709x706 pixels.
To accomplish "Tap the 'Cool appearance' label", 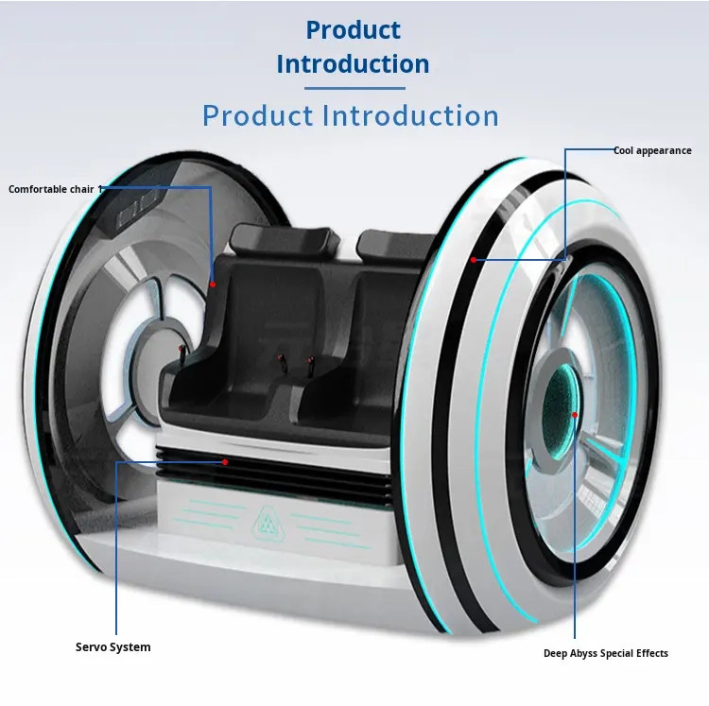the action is click(652, 151).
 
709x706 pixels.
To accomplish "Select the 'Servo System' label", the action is click(113, 647).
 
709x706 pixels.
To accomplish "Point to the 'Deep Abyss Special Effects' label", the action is click(605, 654).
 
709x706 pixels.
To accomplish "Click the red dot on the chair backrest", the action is click(213, 284).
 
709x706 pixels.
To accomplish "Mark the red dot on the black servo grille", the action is click(225, 462).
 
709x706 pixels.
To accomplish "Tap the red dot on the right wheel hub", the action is click(574, 415).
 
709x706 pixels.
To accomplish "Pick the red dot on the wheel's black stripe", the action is click(473, 260).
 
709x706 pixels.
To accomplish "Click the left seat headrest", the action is click(285, 239).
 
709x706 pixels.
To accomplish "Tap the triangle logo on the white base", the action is click(268, 525).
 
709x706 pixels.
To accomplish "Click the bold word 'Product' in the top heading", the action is click(354, 30).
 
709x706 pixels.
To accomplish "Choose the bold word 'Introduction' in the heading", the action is click(353, 64).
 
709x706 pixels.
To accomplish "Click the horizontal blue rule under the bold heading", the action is click(354, 88).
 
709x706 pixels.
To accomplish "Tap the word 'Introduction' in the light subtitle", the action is click(410, 115).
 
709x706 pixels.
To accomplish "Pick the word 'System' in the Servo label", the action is click(131, 647).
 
